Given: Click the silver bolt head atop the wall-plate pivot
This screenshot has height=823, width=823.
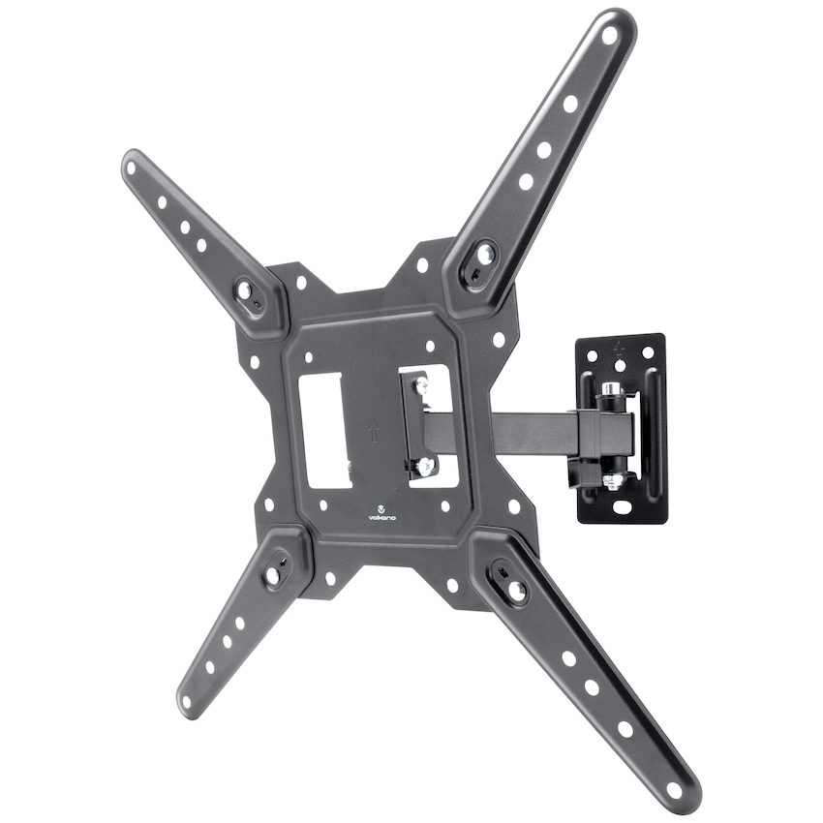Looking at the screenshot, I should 611,392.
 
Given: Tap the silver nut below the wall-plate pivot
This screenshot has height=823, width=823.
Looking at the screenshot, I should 610,479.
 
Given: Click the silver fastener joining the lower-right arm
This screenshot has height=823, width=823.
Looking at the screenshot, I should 513,586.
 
